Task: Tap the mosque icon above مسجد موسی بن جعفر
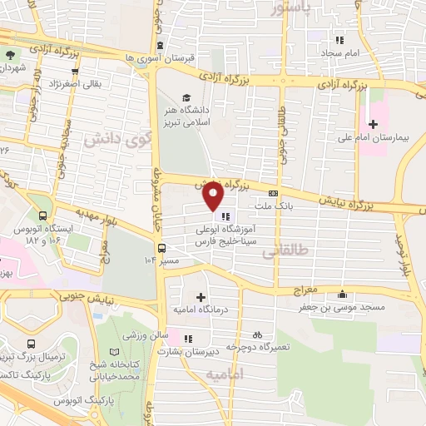pos(343,294)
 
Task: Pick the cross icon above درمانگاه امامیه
pos(200,297)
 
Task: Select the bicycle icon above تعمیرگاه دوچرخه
pos(257,334)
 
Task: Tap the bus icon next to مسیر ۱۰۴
pos(161,247)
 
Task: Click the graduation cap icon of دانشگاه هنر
pos(186,97)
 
